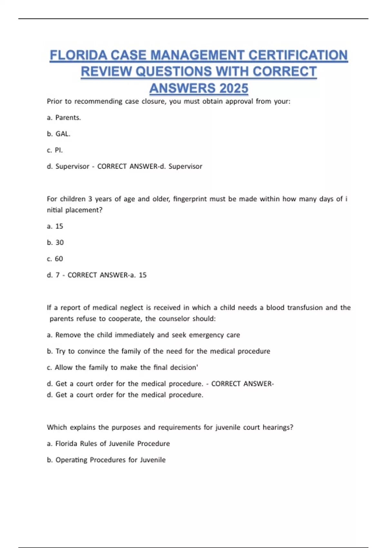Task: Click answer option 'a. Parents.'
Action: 64,118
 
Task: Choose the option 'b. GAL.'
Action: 59,134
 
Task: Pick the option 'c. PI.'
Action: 55,150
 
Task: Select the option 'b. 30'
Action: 55,242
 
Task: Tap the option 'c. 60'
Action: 55,259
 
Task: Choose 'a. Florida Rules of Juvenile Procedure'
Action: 108,444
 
